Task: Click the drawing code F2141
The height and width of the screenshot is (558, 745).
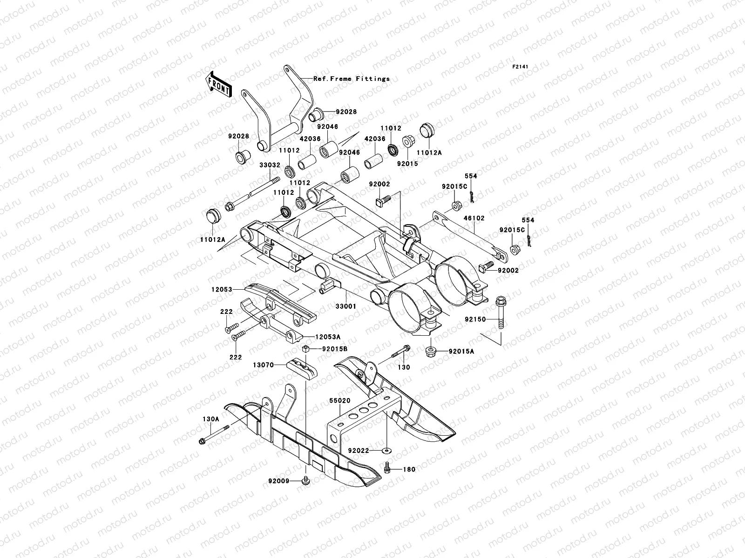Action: [x=521, y=67]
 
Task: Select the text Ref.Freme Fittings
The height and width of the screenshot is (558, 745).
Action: [x=352, y=79]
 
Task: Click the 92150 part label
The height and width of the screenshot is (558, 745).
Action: [x=475, y=319]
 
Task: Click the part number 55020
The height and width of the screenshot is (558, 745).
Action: [x=341, y=400]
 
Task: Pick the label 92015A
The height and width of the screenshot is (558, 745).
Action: [x=461, y=352]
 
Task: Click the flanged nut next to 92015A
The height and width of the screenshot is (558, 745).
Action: [x=431, y=351]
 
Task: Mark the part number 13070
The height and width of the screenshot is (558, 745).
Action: [x=263, y=366]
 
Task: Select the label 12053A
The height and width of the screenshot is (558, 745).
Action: [x=327, y=336]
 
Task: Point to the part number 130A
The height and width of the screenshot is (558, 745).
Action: [x=210, y=418]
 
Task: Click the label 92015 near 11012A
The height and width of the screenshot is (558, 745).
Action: [x=407, y=164]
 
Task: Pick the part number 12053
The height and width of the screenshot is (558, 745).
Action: [x=222, y=289]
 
